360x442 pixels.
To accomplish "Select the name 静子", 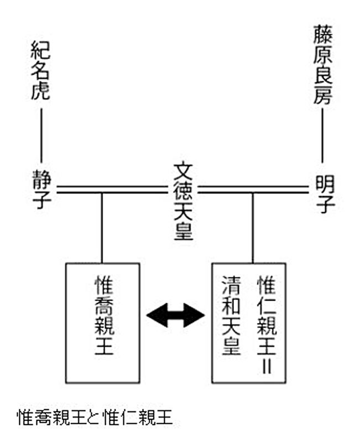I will (41, 189).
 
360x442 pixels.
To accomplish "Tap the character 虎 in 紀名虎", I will (41, 91).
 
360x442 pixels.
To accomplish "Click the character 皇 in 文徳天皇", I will (183, 233).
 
